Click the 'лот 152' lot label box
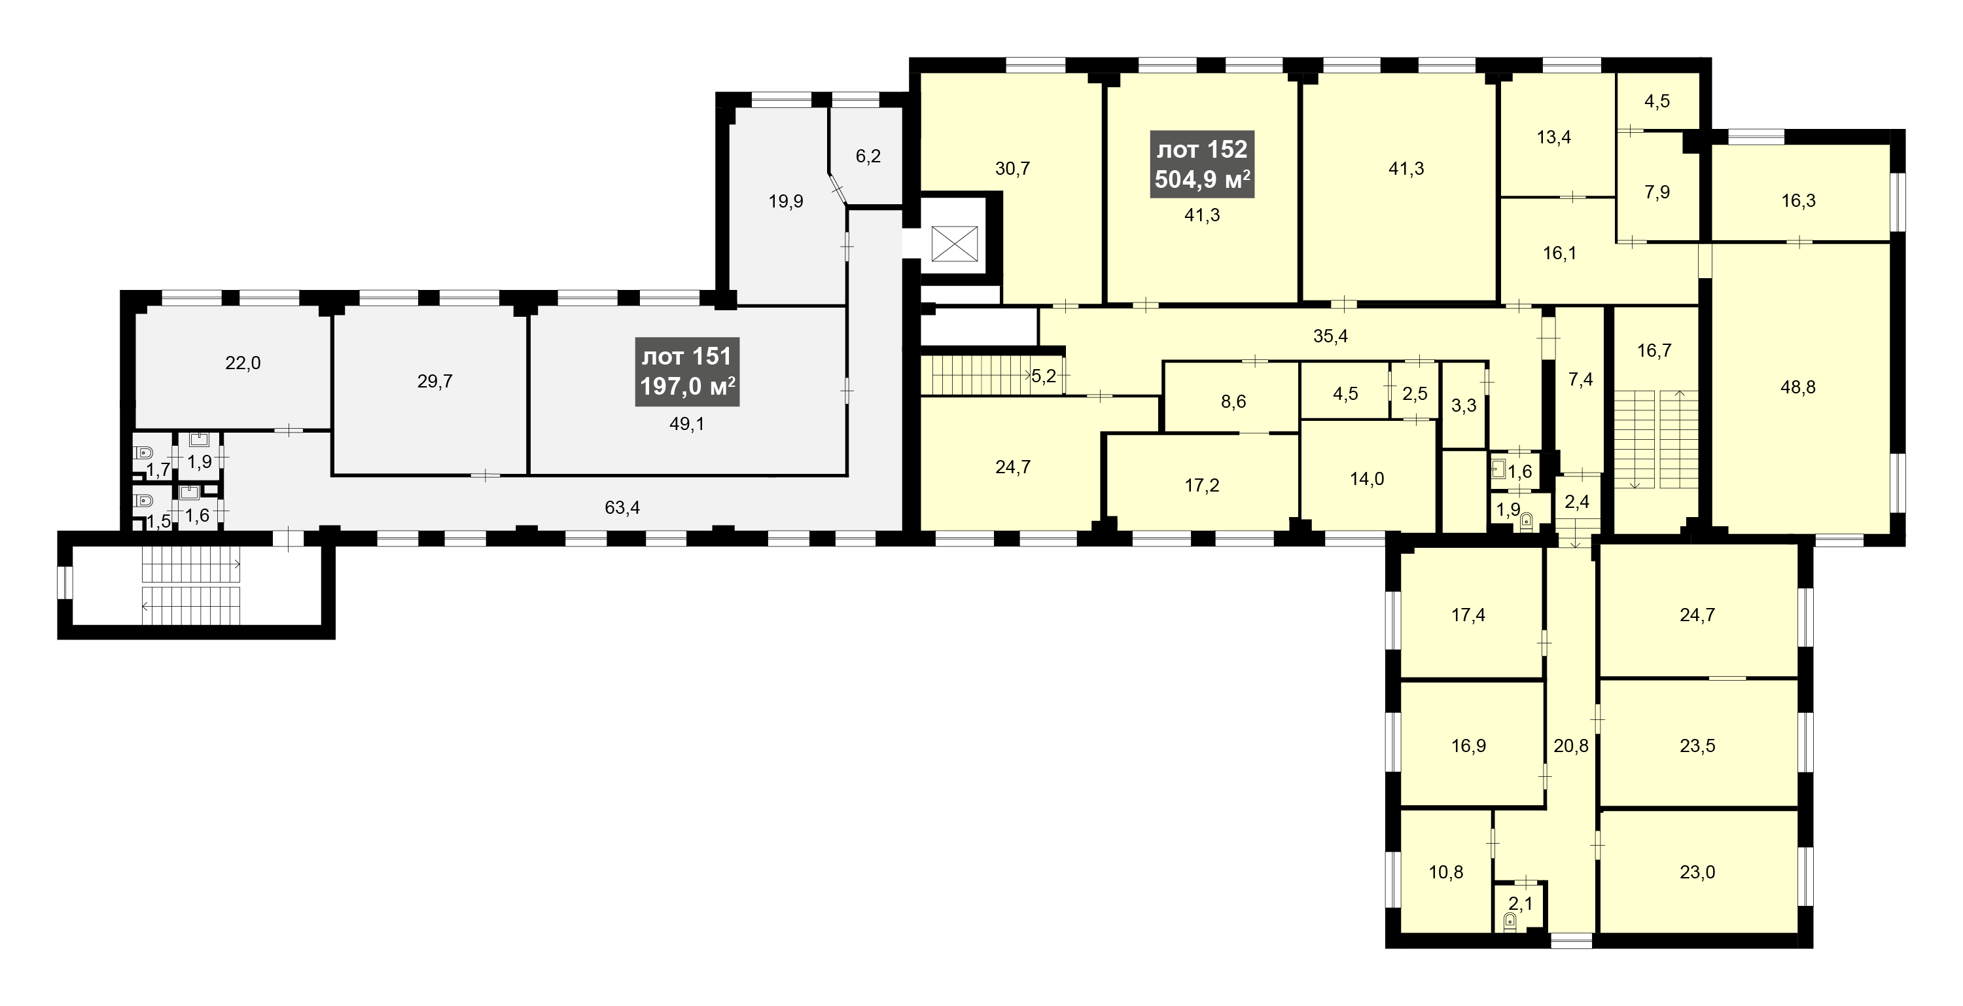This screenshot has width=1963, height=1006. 1202,164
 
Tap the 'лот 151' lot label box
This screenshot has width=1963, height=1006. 687,371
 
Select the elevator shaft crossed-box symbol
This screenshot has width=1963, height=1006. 954,245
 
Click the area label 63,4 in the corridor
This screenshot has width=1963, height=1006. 622,507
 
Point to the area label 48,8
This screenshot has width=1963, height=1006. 1797,387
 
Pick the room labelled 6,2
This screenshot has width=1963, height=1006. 868,156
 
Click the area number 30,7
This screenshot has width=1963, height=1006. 1013,168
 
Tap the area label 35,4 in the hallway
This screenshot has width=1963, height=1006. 1330,335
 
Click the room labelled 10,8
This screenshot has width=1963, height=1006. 1445,872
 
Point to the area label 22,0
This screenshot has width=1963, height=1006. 242,363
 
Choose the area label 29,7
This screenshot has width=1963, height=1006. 434,381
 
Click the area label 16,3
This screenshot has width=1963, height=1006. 1798,200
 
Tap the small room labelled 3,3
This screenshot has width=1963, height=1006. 1463,405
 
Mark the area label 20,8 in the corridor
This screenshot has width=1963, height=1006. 1571,746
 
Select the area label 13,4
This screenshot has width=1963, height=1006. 1554,137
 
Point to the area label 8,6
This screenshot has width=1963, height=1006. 1233,402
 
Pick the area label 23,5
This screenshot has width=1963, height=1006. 1697,746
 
